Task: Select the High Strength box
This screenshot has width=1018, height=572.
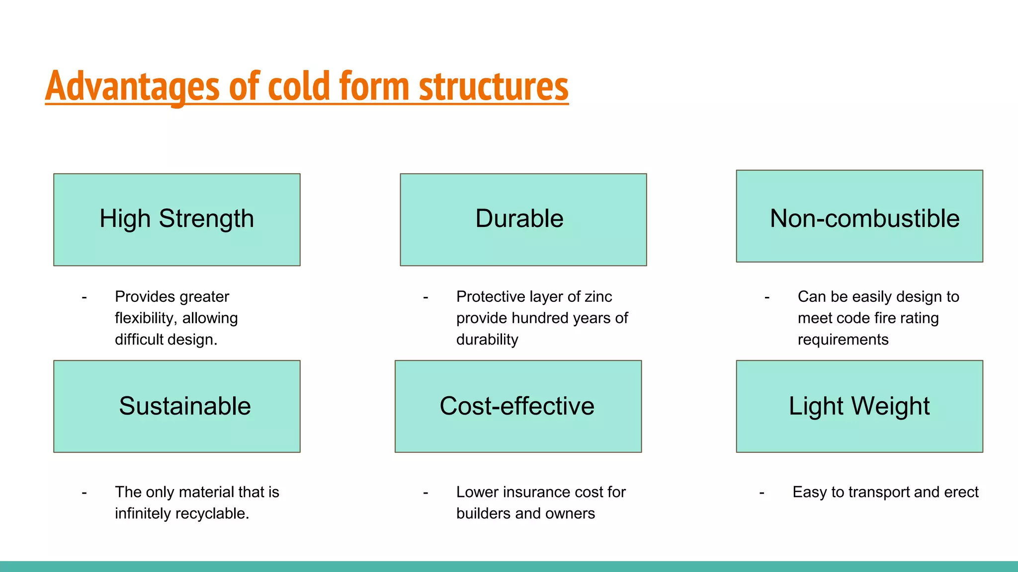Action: pyautogui.click(x=176, y=219)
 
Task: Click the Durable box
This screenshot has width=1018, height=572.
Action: pyautogui.click(x=523, y=219)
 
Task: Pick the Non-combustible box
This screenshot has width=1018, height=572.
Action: pyautogui.click(x=859, y=216)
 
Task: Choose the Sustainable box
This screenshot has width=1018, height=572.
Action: pyautogui.click(x=176, y=406)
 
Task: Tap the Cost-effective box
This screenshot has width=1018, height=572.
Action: pyautogui.click(x=518, y=406)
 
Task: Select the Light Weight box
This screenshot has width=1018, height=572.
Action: pyautogui.click(x=859, y=406)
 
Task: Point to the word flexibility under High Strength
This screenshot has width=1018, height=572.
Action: pyautogui.click(x=144, y=318)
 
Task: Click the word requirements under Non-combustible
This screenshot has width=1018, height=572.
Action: pyautogui.click(x=843, y=340)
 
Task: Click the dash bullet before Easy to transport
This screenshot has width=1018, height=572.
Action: pyautogui.click(x=762, y=493)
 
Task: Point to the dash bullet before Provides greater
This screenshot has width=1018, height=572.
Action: pyautogui.click(x=84, y=297)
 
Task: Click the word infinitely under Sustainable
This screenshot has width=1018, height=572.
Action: pyautogui.click(x=140, y=513)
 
